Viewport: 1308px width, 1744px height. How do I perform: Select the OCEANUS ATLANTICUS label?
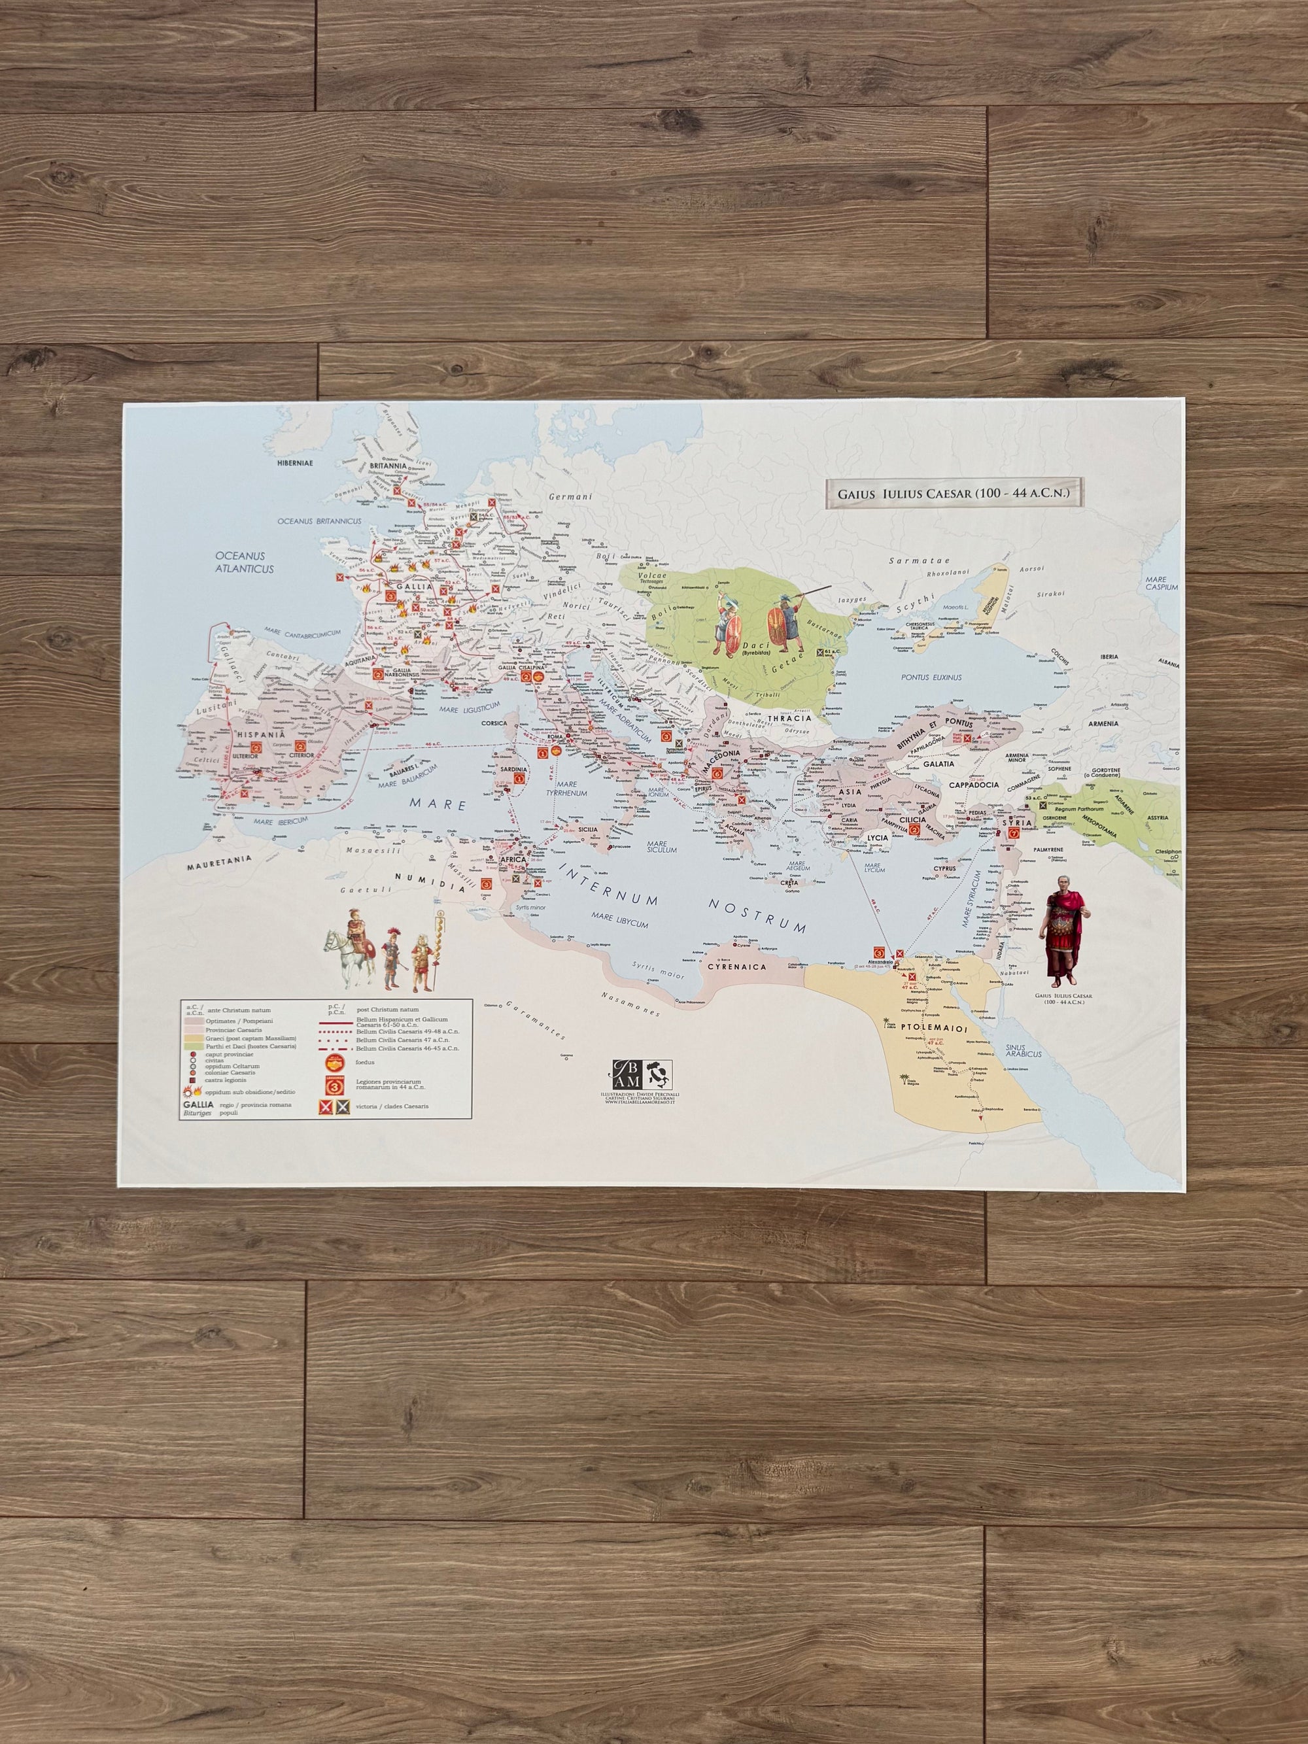point(245,560)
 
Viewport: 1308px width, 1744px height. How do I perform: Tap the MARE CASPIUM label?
point(1162,583)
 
